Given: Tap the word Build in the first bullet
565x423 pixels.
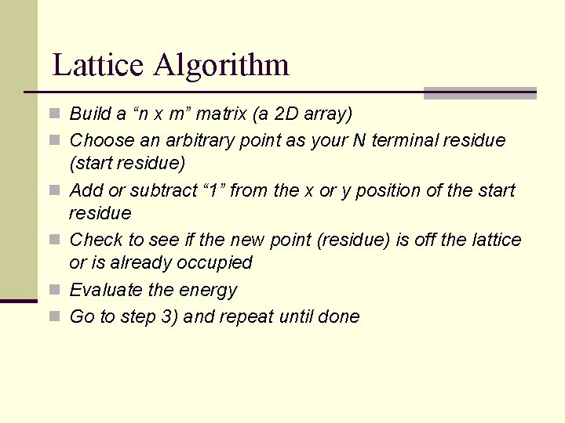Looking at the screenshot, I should (x=91, y=114).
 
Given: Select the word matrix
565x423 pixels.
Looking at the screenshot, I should (x=222, y=114).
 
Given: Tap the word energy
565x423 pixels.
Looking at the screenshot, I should (x=208, y=291).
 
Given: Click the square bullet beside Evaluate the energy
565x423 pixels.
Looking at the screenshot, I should (x=55, y=291).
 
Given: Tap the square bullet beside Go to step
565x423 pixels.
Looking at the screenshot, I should (x=55, y=317).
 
